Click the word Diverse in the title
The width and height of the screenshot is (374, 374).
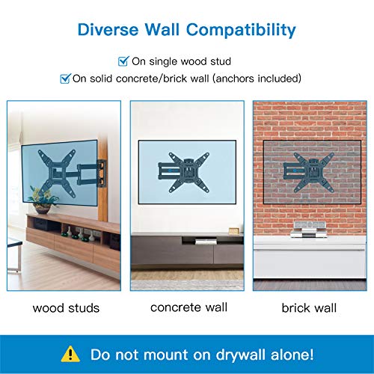click(x=108, y=30)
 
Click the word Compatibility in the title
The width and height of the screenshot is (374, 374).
click(x=241, y=31)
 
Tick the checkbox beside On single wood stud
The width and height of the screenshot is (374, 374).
click(x=123, y=61)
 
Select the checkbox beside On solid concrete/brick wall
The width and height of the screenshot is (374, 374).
click(x=66, y=79)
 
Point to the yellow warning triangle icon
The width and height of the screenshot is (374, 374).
click(x=70, y=354)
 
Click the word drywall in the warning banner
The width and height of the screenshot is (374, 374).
click(x=240, y=355)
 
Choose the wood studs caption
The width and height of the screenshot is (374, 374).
click(x=66, y=308)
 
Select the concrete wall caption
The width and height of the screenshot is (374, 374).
click(x=188, y=307)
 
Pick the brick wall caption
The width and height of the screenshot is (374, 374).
click(x=309, y=307)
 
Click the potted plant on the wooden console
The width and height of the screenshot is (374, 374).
click(x=43, y=200)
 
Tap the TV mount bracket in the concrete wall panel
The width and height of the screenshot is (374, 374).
click(x=183, y=172)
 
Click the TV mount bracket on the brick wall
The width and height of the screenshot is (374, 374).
click(x=309, y=172)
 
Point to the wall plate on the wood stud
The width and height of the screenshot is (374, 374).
click(x=102, y=174)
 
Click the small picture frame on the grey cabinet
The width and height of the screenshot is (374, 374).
click(x=234, y=230)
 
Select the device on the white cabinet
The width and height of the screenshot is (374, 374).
click(x=309, y=229)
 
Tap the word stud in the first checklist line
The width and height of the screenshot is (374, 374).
click(x=221, y=61)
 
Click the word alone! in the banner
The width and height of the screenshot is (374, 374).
click(x=292, y=355)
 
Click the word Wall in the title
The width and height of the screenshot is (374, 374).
click(x=162, y=30)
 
